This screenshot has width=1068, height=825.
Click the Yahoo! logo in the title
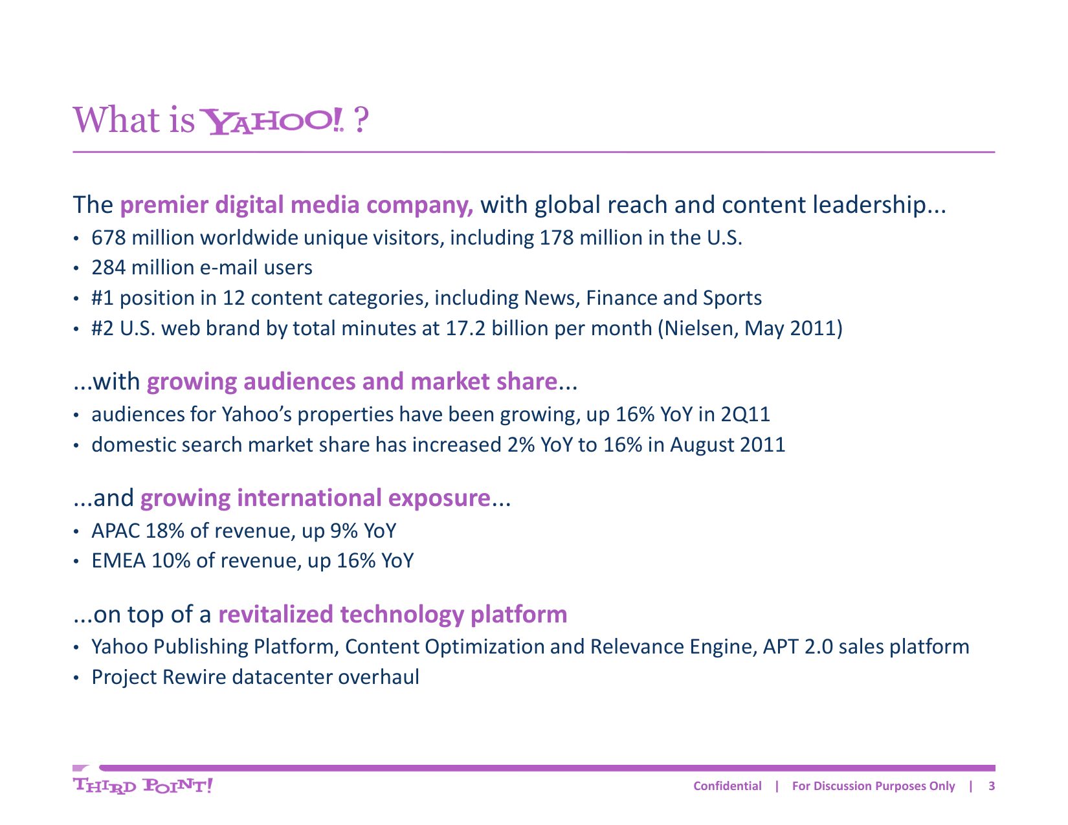273,121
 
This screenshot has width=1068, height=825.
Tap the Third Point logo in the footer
142,786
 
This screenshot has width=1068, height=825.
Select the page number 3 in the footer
992,786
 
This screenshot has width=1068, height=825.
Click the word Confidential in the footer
728,786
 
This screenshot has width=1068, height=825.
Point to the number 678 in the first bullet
109,238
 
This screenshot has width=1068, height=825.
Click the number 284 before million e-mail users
109,268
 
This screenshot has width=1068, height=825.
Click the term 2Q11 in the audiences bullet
745,415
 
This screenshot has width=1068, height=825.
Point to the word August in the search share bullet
702,445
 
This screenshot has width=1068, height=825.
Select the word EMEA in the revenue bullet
118,560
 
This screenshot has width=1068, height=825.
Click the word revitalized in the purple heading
276,614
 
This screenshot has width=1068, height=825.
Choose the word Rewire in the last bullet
194,677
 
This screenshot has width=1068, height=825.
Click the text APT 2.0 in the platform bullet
797,647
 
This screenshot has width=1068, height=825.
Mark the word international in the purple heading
309,498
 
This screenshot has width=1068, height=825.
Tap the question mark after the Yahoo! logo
361,120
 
